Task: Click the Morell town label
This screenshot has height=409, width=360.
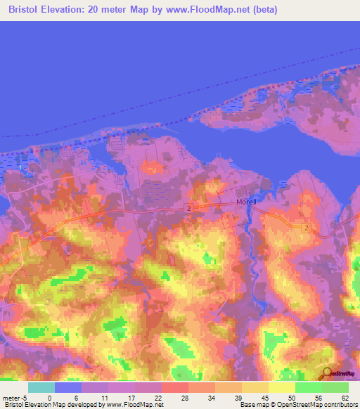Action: point(247,202)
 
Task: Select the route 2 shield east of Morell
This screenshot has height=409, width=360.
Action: point(307,228)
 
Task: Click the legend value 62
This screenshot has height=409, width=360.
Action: point(345,397)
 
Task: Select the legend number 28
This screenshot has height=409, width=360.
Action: point(184,397)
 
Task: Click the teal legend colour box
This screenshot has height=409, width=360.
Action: point(41,387)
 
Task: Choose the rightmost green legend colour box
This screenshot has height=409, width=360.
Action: point(335,387)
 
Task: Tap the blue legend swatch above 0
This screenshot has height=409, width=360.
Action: point(68,387)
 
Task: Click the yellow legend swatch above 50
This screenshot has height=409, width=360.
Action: point(282,387)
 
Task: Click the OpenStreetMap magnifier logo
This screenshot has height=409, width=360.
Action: point(328,373)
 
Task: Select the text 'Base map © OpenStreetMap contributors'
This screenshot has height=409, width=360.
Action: point(297,405)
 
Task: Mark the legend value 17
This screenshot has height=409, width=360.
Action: point(130,397)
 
